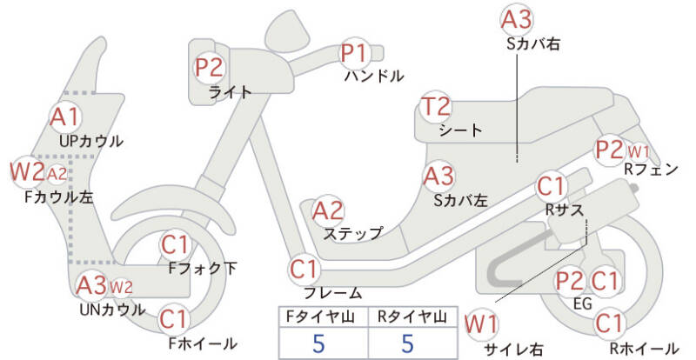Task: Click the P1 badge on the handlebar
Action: tap(356, 53)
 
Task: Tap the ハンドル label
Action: tap(375, 76)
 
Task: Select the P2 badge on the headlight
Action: tap(210, 68)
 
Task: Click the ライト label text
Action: tap(230, 92)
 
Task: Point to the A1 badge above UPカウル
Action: tap(65, 117)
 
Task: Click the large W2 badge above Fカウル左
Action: tap(28, 171)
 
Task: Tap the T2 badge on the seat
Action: tap(436, 107)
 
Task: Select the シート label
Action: tap(460, 130)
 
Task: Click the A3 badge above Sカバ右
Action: tap(517, 20)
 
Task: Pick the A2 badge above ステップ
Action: tap(328, 210)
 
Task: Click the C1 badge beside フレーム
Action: tap(304, 270)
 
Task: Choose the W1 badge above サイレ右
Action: tap(481, 324)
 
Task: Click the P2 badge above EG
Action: tap(571, 281)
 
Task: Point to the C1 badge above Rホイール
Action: tap(608, 323)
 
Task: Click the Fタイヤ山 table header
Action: tap(320, 317)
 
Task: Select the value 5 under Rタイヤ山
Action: tap(408, 343)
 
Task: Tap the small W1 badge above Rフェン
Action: tap(639, 152)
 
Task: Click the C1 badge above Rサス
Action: tap(552, 186)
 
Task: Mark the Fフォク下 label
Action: tap(203, 268)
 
